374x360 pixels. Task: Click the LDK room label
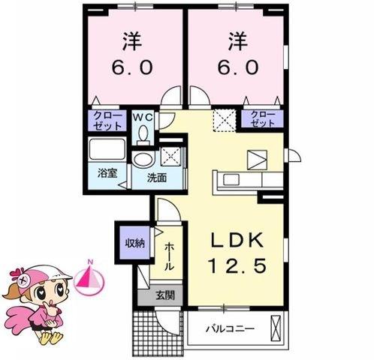[x=237, y=240]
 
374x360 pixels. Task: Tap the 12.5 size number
[x=237, y=265]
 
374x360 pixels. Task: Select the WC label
[x=143, y=117]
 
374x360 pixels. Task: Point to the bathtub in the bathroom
[x=107, y=149]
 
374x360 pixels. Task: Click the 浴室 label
[x=107, y=173]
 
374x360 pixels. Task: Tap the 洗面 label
[x=157, y=178]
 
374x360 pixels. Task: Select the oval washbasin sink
[x=143, y=160]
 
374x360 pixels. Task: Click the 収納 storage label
[x=135, y=243]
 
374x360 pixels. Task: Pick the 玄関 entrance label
[x=165, y=295]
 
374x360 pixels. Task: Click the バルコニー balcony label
[x=230, y=328]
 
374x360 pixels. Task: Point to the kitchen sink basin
[x=231, y=179]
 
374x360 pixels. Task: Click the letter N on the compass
[x=90, y=262]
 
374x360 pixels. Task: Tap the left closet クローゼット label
[x=107, y=121]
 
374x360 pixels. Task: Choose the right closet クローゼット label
[x=262, y=118]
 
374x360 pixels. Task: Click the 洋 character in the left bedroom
[x=132, y=41]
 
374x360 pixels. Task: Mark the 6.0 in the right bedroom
[x=237, y=67]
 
